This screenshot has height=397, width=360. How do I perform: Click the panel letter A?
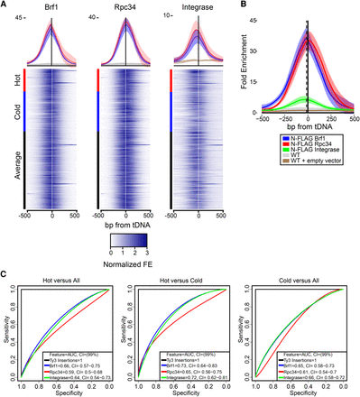5,5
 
